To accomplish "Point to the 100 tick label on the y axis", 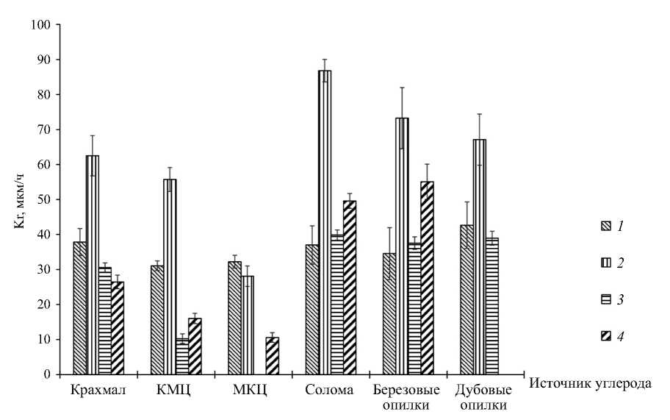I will pyautogui.click(x=40, y=25).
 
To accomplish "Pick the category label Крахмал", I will pyautogui.click(x=98, y=390).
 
